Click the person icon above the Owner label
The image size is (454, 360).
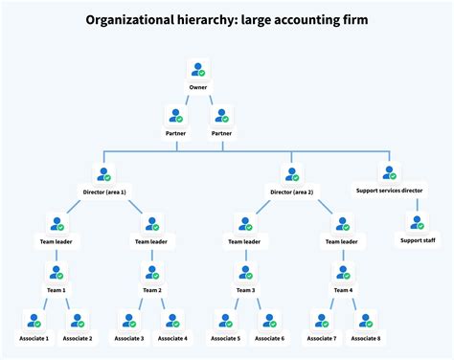[x=198, y=70]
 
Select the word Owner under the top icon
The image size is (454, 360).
[x=198, y=87]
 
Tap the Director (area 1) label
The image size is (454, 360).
[x=105, y=191]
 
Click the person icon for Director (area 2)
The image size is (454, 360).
[x=294, y=174]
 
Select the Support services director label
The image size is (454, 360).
[x=390, y=191]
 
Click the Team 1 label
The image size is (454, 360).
[x=57, y=289]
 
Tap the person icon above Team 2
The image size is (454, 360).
[x=152, y=272]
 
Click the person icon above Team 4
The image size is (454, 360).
[x=342, y=272]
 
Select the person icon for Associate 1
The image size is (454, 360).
[x=35, y=321]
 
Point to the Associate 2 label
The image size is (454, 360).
[x=78, y=338]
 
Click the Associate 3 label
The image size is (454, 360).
[x=129, y=338]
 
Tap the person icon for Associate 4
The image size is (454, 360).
[x=172, y=321]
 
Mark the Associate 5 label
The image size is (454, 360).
[x=226, y=338]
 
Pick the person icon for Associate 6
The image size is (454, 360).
[x=269, y=321]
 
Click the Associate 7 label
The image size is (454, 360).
[x=321, y=338]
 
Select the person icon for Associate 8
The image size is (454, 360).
[x=364, y=321]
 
